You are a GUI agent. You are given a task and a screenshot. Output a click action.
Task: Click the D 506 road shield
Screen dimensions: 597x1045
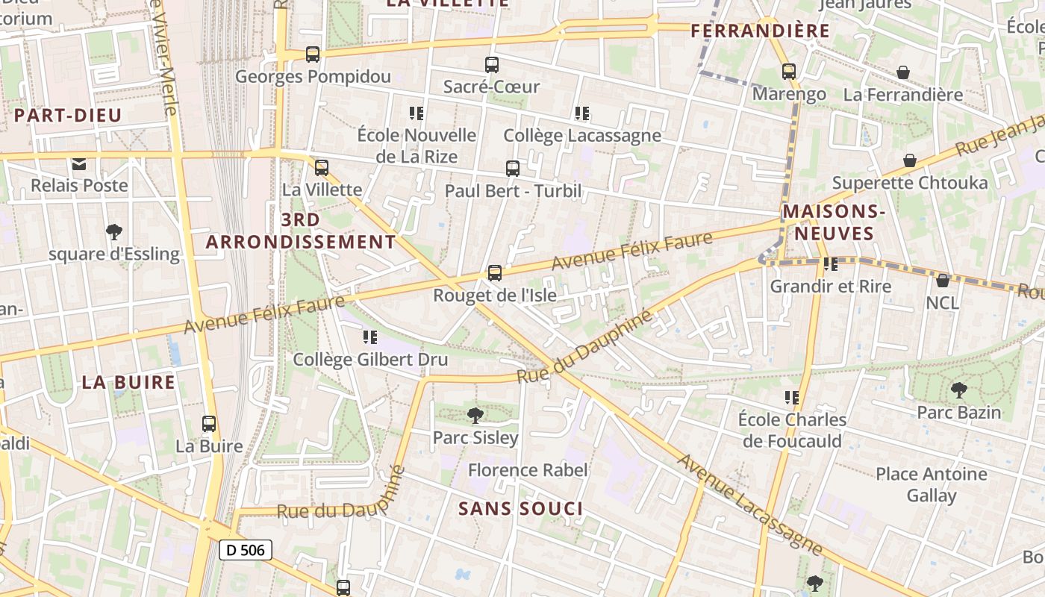click(x=245, y=551)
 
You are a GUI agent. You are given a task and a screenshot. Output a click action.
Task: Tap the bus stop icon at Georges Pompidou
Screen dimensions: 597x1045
click(x=313, y=54)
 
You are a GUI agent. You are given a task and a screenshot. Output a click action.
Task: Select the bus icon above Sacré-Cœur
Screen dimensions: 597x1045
click(x=491, y=65)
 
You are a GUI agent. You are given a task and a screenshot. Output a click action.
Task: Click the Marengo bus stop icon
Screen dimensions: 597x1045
click(x=789, y=72)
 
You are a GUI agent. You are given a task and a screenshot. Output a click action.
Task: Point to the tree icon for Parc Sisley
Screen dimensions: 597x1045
click(x=475, y=415)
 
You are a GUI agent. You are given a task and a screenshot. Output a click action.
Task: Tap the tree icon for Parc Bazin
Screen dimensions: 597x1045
click(x=958, y=390)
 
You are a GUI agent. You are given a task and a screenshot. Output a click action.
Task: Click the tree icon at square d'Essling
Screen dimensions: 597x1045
click(x=114, y=231)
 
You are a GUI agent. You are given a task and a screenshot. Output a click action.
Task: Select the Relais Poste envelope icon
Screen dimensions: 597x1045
click(x=79, y=163)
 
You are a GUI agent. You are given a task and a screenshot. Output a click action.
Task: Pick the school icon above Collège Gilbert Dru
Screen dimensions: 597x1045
click(x=370, y=337)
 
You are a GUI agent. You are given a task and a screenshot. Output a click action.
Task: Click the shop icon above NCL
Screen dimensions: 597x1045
click(x=943, y=280)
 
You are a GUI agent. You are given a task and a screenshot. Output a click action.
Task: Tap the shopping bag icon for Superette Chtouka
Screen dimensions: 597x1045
click(x=910, y=160)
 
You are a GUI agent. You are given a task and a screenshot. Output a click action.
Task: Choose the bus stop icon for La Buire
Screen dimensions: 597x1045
click(x=209, y=424)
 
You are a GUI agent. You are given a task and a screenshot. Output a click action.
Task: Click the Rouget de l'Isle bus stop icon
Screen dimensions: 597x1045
click(x=494, y=273)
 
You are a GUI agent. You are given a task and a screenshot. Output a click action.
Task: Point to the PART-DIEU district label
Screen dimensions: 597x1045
click(x=68, y=116)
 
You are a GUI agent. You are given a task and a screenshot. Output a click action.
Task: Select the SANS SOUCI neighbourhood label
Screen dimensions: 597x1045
click(x=520, y=509)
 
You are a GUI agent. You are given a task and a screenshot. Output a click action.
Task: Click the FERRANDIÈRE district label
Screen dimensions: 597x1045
click(x=760, y=31)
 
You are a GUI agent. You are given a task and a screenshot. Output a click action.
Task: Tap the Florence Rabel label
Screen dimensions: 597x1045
click(x=528, y=470)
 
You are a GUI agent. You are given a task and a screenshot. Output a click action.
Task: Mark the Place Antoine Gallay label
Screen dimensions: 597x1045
click(x=931, y=484)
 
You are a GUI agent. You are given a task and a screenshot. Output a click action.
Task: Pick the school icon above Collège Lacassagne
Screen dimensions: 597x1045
click(x=582, y=113)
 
